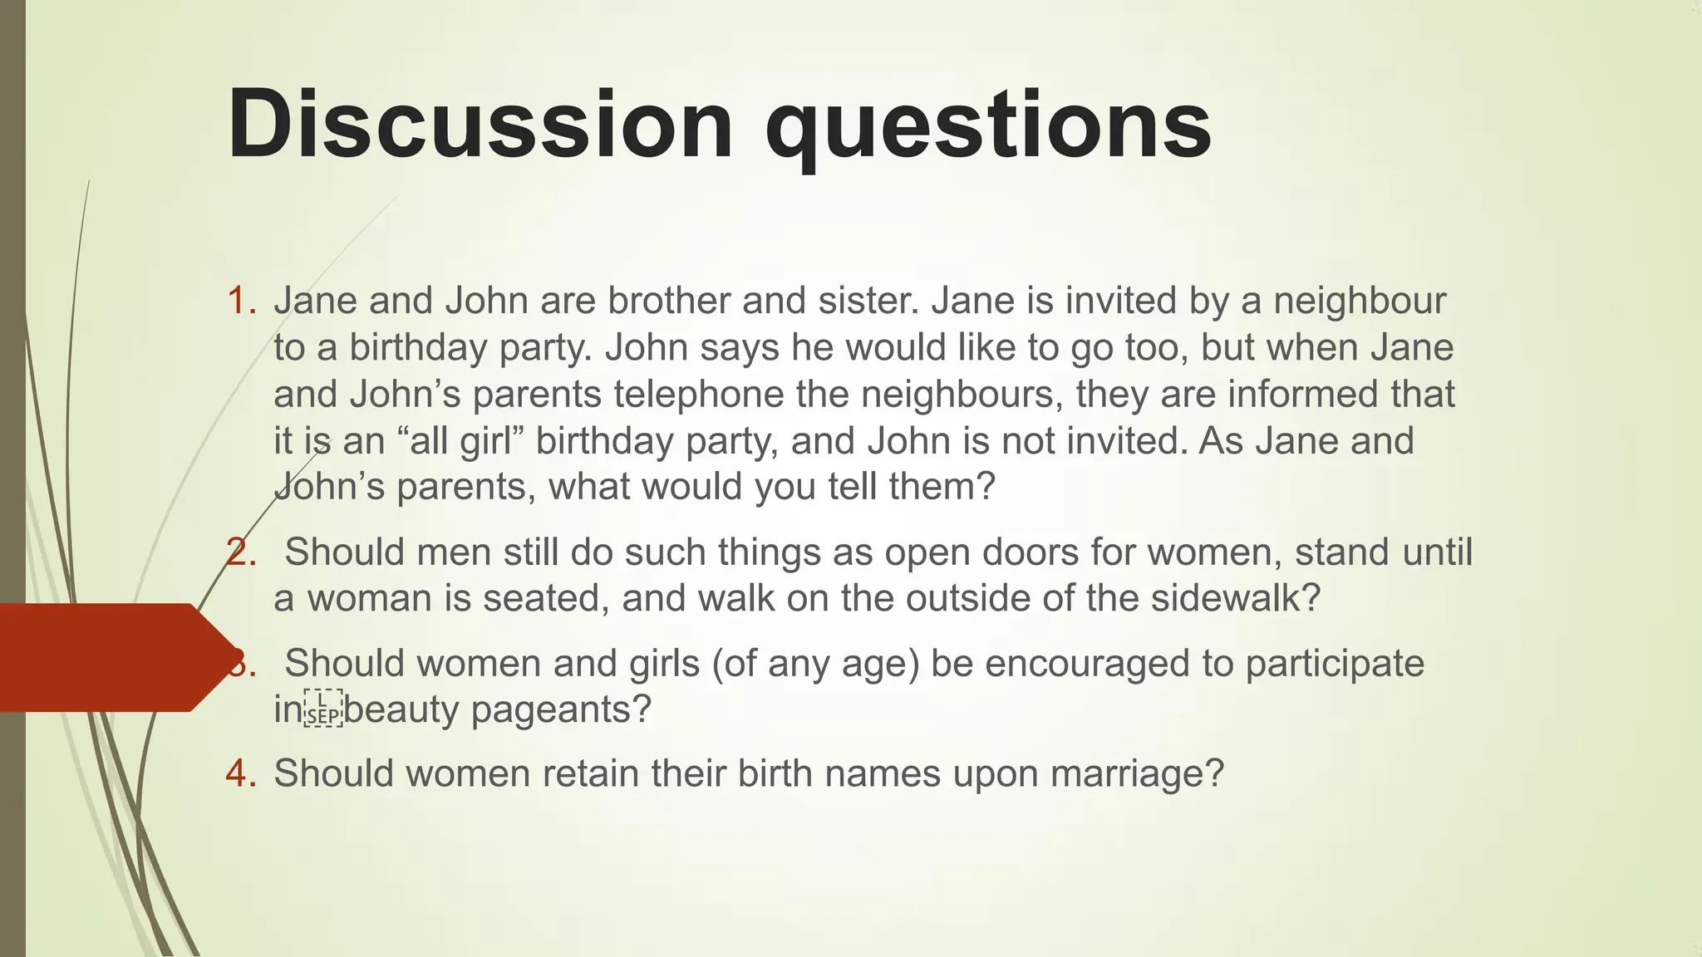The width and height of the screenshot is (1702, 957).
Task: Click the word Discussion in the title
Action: pos(480,125)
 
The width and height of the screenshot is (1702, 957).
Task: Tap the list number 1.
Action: pos(241,301)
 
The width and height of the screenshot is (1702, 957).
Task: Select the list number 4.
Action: pos(241,773)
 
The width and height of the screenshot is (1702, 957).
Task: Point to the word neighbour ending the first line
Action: pos(1360,301)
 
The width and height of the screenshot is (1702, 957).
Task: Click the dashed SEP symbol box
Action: pos(323,709)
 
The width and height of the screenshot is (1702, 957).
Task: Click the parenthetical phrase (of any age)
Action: pos(815,664)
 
